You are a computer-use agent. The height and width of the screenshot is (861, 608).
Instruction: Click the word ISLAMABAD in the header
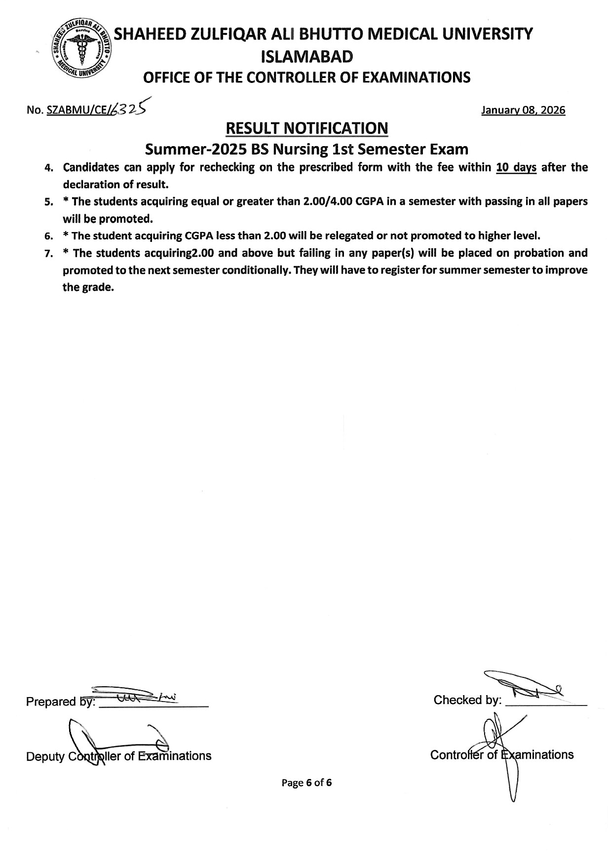point(307,57)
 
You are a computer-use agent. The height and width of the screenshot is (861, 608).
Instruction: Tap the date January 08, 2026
point(523,110)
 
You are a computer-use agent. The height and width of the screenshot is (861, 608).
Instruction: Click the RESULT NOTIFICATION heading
point(306,128)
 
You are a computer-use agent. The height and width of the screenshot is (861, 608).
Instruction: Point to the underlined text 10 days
point(516,167)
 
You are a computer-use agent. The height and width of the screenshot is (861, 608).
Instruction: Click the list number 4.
point(49,168)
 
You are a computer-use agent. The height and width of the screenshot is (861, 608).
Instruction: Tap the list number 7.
point(49,254)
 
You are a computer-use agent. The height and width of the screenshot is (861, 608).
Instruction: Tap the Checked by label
point(467,700)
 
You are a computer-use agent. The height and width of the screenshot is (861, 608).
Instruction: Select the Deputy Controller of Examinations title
point(118,756)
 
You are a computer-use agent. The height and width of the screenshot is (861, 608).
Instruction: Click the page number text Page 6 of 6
point(306,783)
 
